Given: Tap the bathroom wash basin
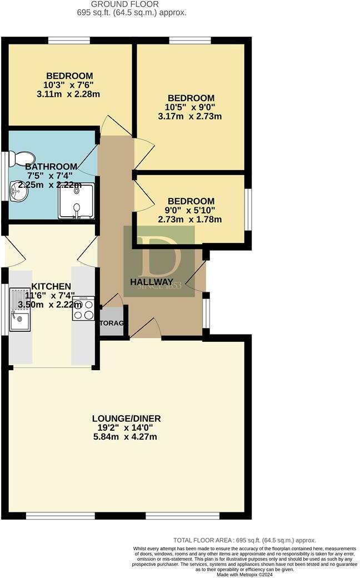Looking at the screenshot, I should [17, 192].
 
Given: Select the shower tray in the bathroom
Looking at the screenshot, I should [76, 201].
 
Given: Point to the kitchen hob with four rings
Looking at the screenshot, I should [83, 309].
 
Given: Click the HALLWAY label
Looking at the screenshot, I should [152, 282].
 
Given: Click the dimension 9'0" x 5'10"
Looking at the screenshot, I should [191, 210].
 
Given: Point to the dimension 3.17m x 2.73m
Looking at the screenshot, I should [190, 117].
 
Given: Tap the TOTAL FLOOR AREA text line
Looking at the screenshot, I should [244, 540].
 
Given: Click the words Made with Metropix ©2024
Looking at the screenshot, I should [246, 574].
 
